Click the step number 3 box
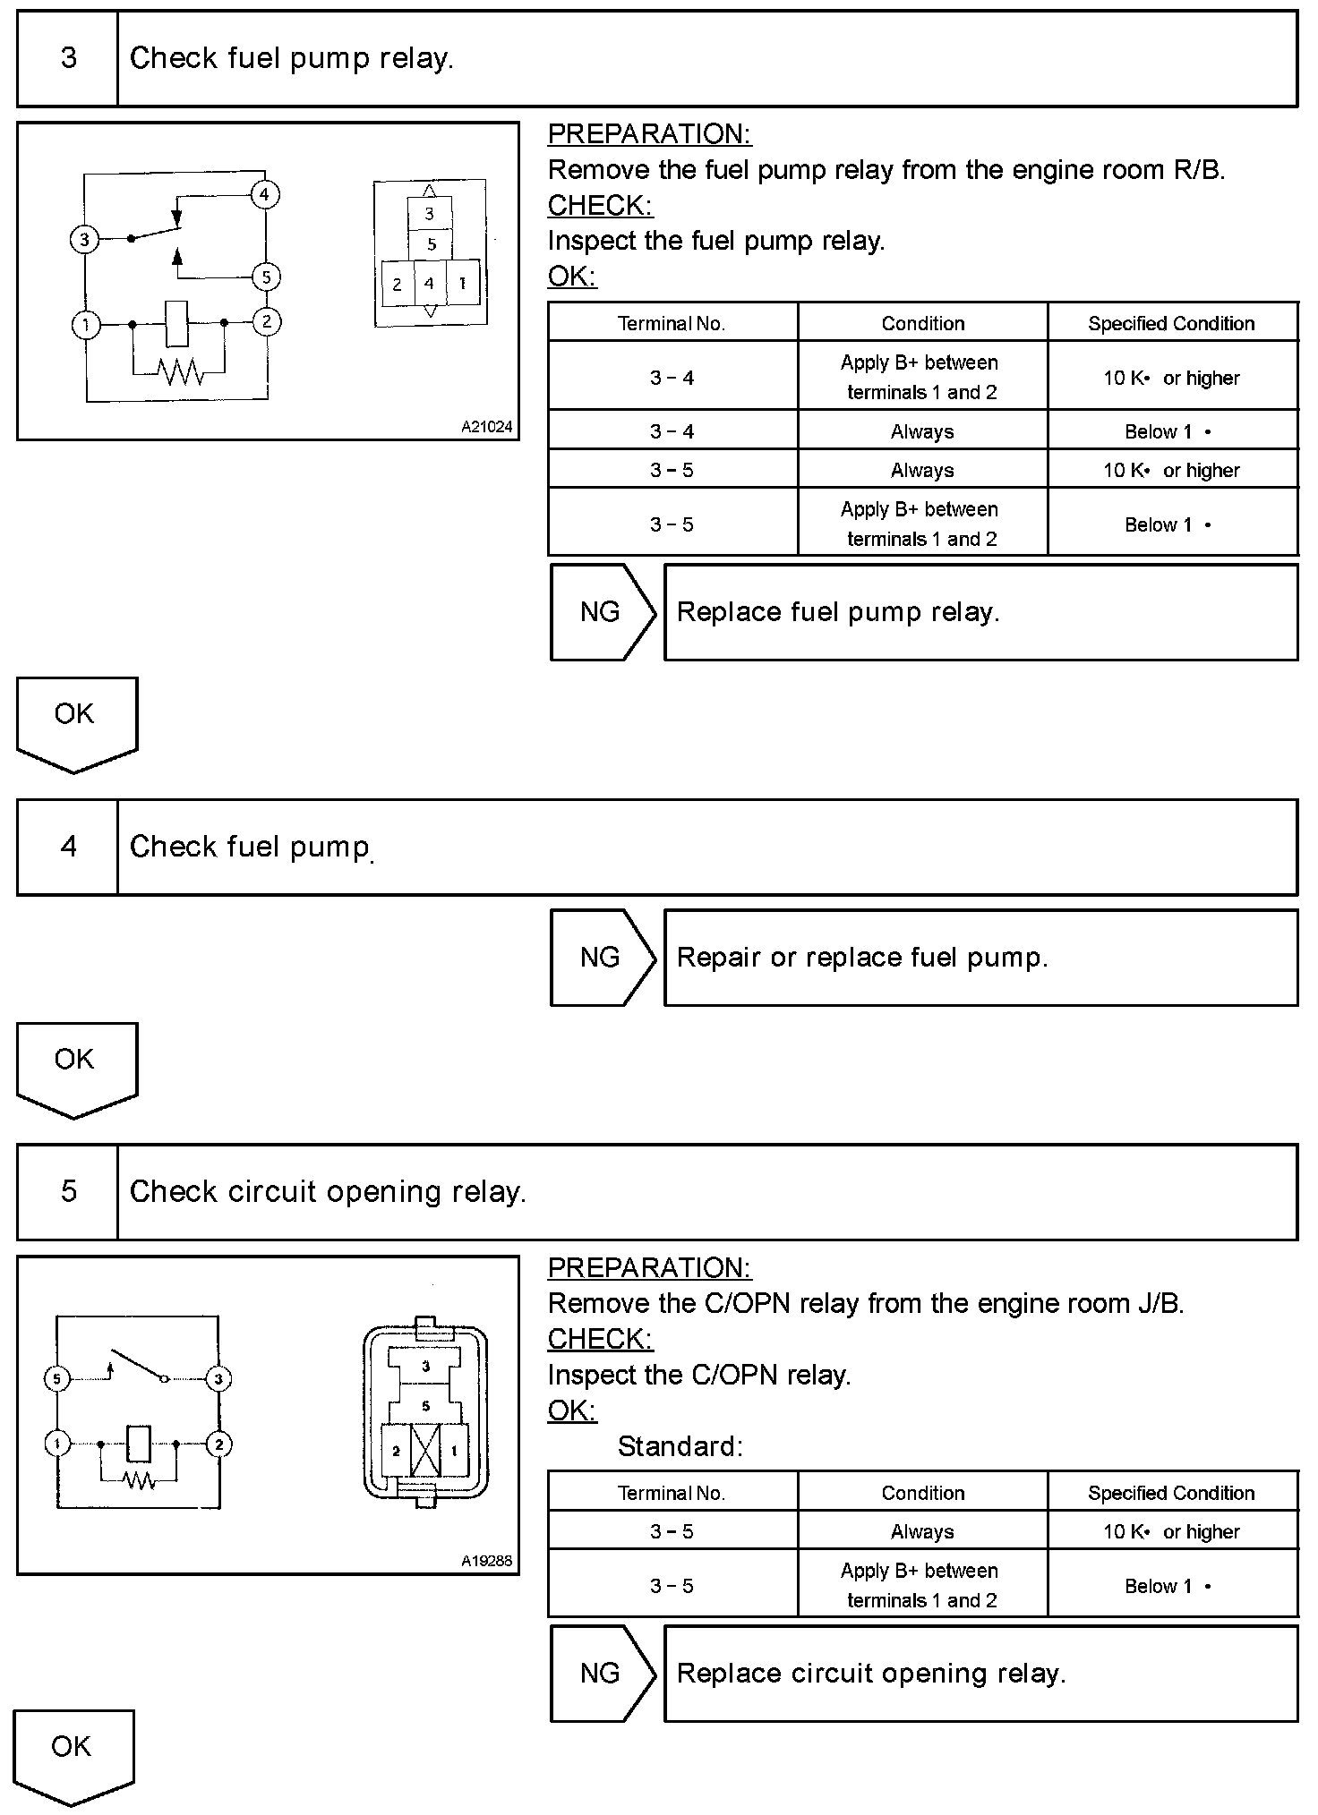click(x=68, y=59)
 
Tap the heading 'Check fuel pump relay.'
click(x=291, y=59)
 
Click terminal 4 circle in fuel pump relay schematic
click(x=264, y=194)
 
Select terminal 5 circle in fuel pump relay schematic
click(x=266, y=277)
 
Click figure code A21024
click(x=486, y=427)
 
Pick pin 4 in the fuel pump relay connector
click(x=430, y=284)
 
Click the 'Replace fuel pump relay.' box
click(x=980, y=612)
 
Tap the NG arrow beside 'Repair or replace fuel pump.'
click(x=602, y=958)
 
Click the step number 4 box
click(x=68, y=847)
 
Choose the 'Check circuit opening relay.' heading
click(x=328, y=1192)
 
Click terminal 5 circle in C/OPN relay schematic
click(x=56, y=1378)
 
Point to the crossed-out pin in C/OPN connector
click(x=425, y=1451)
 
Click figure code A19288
click(x=486, y=1561)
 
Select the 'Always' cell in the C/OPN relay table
click(x=922, y=1531)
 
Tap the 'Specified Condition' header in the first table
click(x=1171, y=323)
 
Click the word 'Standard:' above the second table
click(x=680, y=1446)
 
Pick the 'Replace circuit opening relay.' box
click(x=980, y=1674)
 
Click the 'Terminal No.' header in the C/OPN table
click(x=672, y=1493)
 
